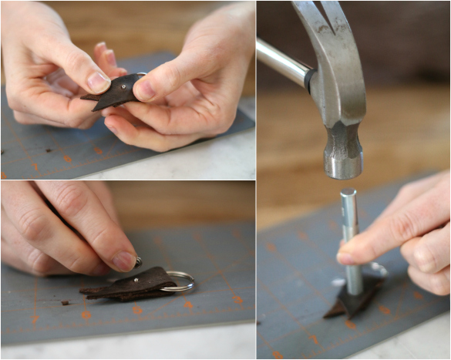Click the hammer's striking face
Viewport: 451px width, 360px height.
coord(343,171)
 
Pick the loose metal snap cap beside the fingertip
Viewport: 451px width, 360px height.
coord(138,261)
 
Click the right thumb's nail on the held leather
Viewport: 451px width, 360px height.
coord(146,91)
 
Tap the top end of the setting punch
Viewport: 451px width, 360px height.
coord(348,193)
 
